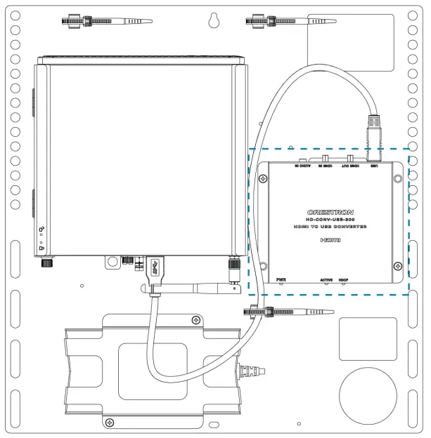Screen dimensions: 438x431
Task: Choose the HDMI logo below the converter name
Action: (329, 240)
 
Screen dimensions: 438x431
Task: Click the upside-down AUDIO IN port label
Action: (302, 166)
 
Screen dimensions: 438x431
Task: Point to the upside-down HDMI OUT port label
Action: (349, 166)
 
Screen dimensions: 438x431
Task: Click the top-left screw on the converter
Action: (262, 178)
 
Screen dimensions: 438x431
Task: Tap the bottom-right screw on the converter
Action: (398, 265)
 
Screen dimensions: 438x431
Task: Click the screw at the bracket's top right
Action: (195, 321)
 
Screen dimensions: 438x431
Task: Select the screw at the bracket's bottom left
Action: (108, 422)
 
